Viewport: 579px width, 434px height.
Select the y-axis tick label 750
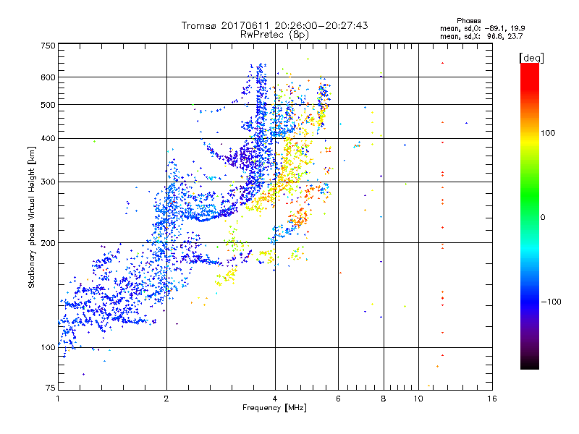pos(48,45)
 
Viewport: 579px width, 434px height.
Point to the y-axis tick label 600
pos(48,77)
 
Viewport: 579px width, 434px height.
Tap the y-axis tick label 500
pos(48,105)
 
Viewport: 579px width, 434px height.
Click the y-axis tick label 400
pos(48,138)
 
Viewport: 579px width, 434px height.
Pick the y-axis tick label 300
pos(48,182)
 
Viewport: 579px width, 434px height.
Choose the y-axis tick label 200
pos(48,243)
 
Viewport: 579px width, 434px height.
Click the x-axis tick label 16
pos(491,399)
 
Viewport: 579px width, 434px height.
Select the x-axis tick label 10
pos(418,399)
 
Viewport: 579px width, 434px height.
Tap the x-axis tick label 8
pos(384,399)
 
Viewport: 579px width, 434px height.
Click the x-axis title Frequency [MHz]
pos(274,409)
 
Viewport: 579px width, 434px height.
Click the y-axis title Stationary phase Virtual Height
pos(32,217)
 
